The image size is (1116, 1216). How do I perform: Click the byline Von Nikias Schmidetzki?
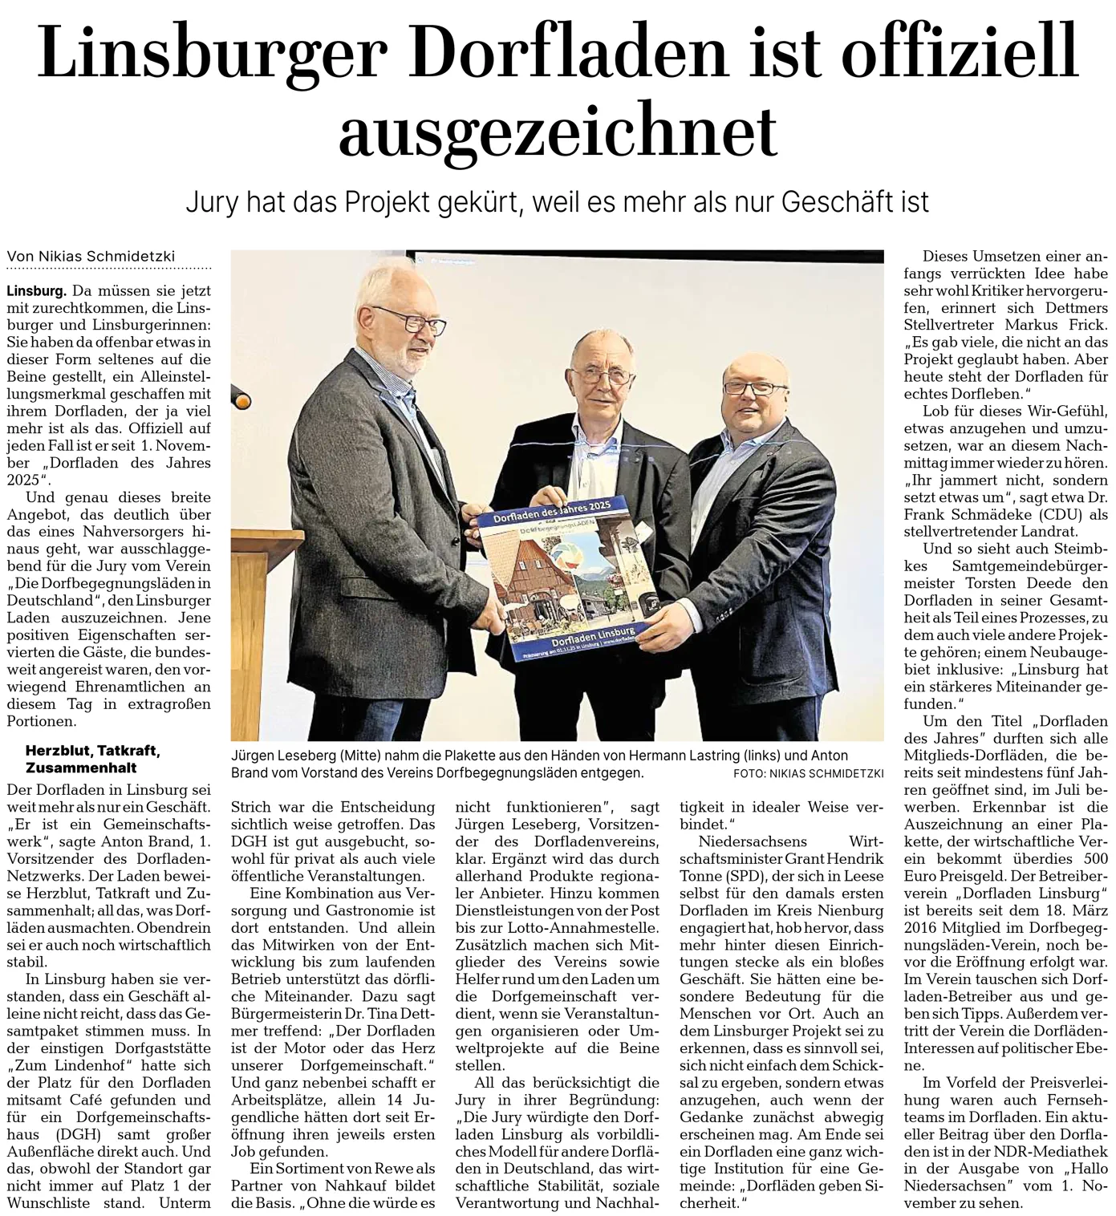[x=91, y=257]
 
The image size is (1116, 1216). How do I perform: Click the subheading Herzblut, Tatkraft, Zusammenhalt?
[x=93, y=759]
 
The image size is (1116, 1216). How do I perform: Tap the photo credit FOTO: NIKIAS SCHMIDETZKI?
[x=808, y=773]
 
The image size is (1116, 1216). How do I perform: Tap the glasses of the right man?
[x=755, y=389]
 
